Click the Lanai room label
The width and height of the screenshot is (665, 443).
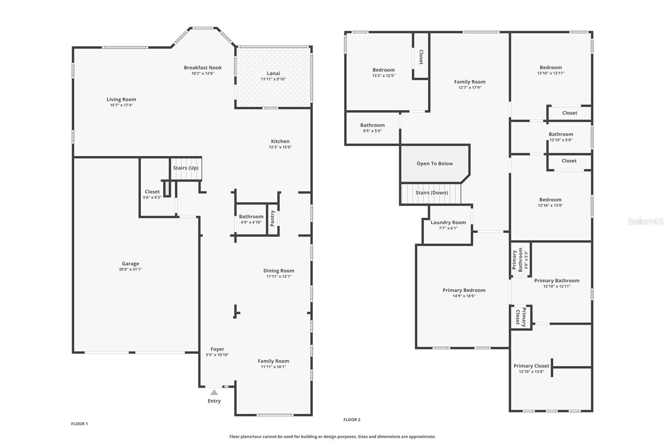coord(273,74)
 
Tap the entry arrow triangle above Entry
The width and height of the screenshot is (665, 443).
coord(214,392)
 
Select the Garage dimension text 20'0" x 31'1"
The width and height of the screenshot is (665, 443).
coord(130,269)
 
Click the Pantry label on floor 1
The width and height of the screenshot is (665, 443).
coord(272,218)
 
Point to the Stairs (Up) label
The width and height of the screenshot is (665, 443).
coord(185,168)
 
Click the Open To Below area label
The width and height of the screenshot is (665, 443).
coord(434,163)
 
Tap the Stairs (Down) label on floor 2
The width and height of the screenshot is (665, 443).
coord(431,193)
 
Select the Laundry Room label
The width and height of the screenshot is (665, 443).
coord(448,222)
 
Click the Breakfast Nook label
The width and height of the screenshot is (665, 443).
coord(203,68)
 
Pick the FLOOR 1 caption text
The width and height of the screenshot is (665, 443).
coord(79,424)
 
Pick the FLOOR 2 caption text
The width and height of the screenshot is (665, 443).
coord(352,420)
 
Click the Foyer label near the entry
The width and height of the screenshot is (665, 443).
coord(217,349)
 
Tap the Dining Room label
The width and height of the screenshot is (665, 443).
coord(278,271)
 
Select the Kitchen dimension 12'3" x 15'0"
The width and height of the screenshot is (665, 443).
coord(280,147)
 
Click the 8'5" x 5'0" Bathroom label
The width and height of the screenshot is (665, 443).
coord(372,125)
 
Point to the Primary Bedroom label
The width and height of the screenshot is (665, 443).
coord(464,290)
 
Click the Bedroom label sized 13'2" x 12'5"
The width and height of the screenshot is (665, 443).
coord(383,70)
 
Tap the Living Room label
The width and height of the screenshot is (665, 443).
coord(121,99)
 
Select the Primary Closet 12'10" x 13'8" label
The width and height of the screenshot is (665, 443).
coord(531,366)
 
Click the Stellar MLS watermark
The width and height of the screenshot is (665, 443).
coord(645,221)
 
